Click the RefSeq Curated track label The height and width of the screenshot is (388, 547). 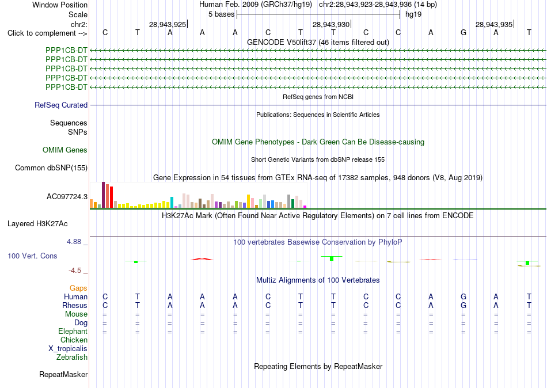[x=61, y=105]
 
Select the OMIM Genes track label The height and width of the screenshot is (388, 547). [x=65, y=150]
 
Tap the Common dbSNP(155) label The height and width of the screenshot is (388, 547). [x=51, y=168]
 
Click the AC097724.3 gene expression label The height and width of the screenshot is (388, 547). [x=67, y=197]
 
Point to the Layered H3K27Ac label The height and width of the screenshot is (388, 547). [x=37, y=224]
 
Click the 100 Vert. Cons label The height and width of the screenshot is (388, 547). [x=32, y=256]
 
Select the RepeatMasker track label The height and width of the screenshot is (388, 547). [x=63, y=374]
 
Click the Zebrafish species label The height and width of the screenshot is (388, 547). [x=72, y=357]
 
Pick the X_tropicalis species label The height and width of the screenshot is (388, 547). [x=68, y=349]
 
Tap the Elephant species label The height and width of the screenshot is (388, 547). [x=73, y=331]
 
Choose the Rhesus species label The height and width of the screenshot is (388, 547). [x=75, y=305]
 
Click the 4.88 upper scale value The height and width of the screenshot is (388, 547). [x=74, y=241]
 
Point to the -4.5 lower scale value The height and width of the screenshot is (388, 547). [x=75, y=271]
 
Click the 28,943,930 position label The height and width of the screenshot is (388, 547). [x=331, y=24]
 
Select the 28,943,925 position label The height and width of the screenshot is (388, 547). [x=168, y=24]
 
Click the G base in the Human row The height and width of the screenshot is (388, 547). [x=464, y=296]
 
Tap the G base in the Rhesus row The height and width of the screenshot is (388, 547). [x=464, y=305]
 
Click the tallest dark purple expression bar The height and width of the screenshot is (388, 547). [x=103, y=195]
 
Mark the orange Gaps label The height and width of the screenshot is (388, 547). [x=78, y=288]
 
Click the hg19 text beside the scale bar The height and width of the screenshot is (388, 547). [x=413, y=14]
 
